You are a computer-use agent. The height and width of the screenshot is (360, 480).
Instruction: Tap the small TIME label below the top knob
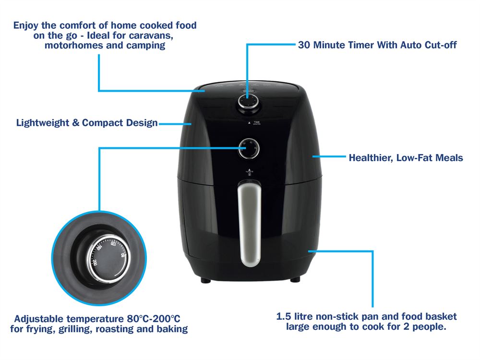point(257,123)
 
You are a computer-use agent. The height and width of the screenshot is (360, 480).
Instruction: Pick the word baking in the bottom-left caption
point(171,329)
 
